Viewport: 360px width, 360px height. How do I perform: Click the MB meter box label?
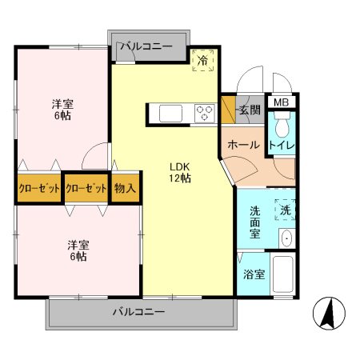pos(282,102)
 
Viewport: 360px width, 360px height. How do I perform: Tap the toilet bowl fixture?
pos(282,124)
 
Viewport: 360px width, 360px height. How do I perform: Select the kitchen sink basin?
pos(170,114)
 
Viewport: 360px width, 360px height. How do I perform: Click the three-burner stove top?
pos(205,114)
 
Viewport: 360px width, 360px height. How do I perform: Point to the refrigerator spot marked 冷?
pos(203,61)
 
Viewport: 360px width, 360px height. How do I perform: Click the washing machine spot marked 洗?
pos(285,210)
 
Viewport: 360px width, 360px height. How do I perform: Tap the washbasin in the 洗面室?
pos(287,238)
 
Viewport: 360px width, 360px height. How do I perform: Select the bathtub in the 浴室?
pos(282,274)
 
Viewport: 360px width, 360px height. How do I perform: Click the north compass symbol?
pos(329,313)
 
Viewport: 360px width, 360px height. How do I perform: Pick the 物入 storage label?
pos(125,188)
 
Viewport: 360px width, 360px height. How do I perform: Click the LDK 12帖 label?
pos(180,173)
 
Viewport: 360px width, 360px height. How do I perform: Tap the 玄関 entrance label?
pos(250,110)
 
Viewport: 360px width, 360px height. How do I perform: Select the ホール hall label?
pos(243,145)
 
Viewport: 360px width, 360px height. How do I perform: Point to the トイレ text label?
pos(282,146)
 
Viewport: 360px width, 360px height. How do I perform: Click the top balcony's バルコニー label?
pos(146,46)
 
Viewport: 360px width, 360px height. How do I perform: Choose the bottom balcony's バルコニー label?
pos(138,311)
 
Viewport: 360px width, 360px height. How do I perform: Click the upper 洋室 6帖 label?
pos(62,110)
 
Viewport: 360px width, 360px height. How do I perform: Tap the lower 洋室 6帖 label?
pos(78,250)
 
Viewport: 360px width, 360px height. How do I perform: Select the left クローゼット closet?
pos(39,188)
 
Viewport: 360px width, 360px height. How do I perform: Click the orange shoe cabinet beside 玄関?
pos(228,110)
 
